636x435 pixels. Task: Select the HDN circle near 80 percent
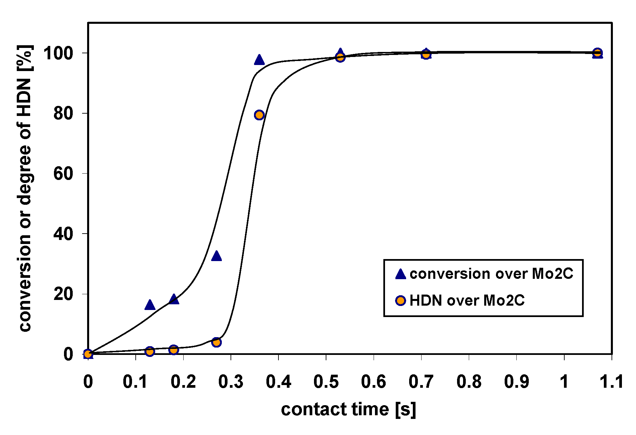click(259, 115)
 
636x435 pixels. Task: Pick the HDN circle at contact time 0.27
click(216, 342)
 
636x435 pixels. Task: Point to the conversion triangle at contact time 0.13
click(150, 305)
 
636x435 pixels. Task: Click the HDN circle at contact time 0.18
click(174, 350)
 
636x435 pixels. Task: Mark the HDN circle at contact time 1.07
click(597, 53)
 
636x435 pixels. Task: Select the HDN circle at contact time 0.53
click(340, 57)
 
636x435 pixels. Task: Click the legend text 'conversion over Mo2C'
click(491, 274)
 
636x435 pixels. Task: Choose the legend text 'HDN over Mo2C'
click(467, 300)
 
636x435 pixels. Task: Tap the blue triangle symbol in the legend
click(400, 274)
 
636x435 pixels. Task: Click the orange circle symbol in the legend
click(400, 300)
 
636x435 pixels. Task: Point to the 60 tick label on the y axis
click(63, 174)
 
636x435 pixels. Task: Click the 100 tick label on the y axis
click(58, 53)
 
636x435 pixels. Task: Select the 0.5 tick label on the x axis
click(326, 382)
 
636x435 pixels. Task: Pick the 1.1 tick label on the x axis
click(611, 382)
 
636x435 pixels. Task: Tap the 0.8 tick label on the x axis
click(469, 382)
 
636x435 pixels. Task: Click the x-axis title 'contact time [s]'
click(348, 409)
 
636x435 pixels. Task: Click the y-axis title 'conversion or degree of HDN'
click(25, 188)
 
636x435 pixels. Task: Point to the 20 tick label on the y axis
click(63, 294)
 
